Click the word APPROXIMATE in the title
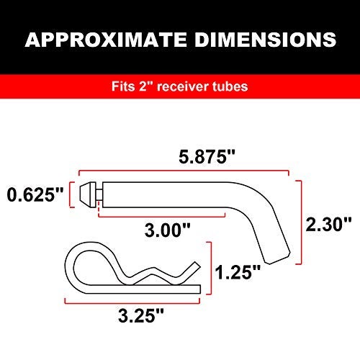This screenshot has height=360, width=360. click(x=106, y=39)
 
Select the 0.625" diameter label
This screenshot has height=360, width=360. click(x=35, y=194)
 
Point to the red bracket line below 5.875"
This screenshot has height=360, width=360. click(x=181, y=173)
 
